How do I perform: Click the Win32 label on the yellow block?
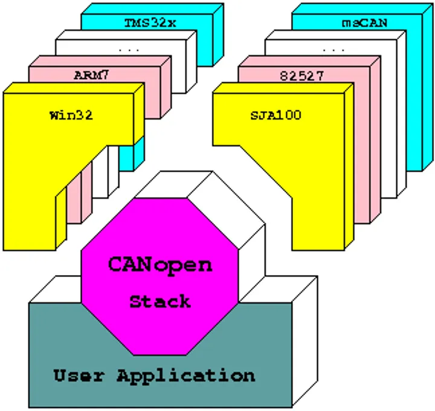71,115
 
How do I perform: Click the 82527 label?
301,76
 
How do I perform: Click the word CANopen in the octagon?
160,265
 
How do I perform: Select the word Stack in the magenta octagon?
160,301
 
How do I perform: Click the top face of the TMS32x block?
152,8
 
